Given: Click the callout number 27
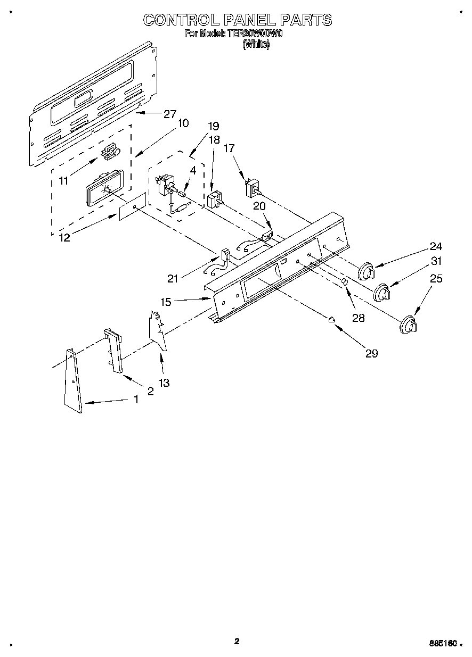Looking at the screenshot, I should tap(169, 113).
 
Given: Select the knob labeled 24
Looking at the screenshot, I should tap(366, 271).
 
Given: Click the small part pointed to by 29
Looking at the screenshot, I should tap(331, 319).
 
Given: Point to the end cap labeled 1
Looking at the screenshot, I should tap(74, 381).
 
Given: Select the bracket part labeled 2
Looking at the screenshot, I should tap(113, 351).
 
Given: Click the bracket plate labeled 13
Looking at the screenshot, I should tap(158, 330).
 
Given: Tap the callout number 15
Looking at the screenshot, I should tap(166, 302).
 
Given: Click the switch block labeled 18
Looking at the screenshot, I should tap(214, 201).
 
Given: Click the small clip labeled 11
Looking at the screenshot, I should tap(110, 152).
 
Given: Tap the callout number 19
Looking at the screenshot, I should tap(214, 126).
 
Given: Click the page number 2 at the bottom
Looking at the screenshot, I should tap(237, 641).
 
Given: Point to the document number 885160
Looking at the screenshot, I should tap(443, 643).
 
